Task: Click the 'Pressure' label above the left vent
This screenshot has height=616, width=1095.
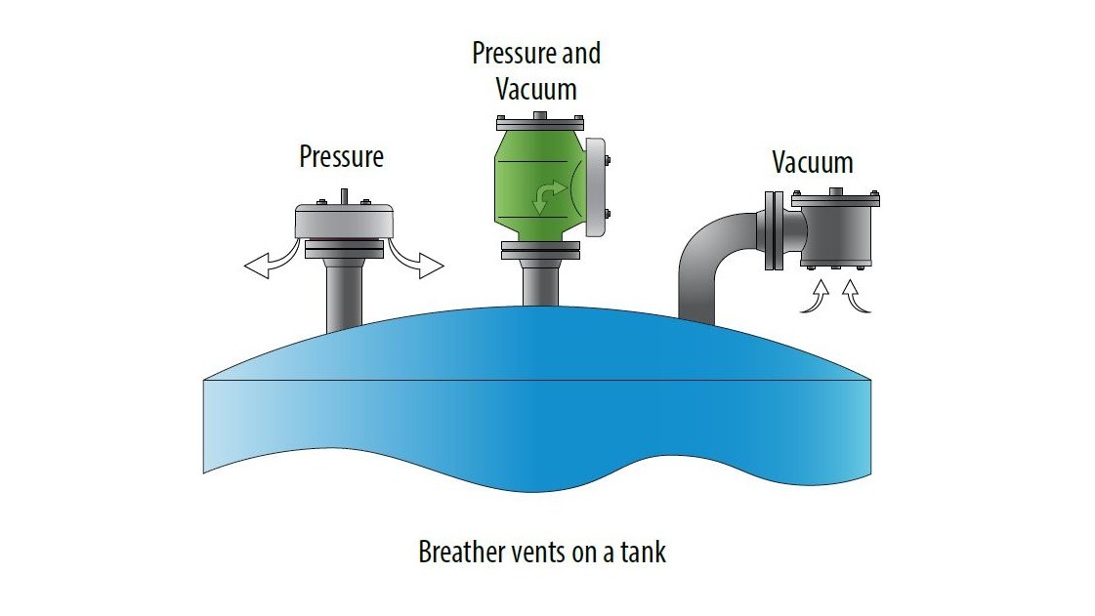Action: (x=341, y=156)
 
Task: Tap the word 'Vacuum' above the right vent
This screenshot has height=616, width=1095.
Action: (x=812, y=161)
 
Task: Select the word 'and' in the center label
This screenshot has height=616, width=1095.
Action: (x=579, y=53)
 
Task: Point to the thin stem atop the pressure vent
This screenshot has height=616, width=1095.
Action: (x=343, y=195)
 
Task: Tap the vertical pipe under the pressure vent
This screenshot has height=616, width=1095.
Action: (x=343, y=293)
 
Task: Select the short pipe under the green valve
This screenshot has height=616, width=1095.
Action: (x=539, y=283)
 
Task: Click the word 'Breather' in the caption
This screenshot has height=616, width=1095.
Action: (x=459, y=552)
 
